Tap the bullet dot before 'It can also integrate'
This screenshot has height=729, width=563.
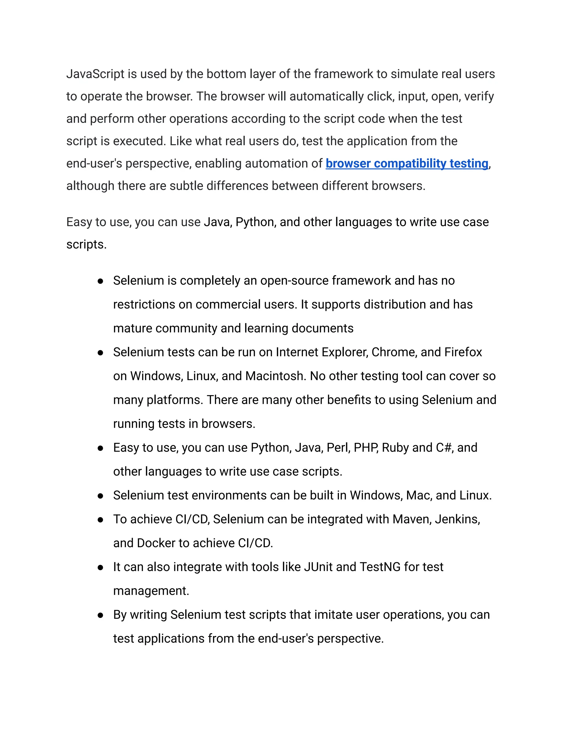click(100, 568)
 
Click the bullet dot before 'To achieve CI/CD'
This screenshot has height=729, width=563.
click(100, 520)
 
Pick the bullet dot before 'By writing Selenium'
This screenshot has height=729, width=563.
click(100, 615)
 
